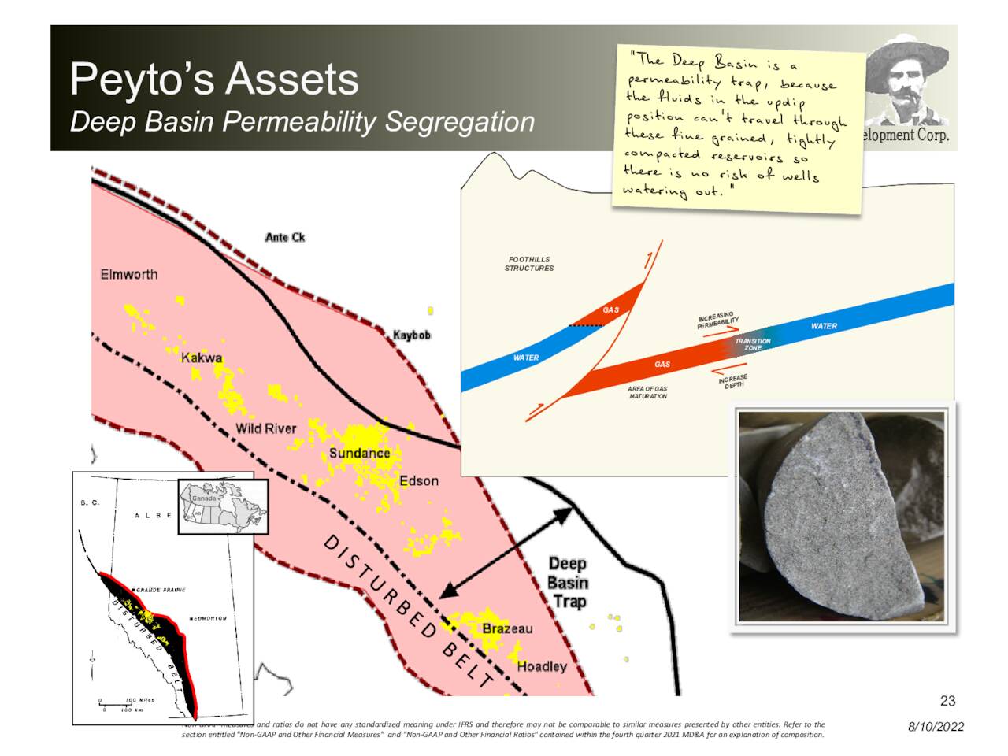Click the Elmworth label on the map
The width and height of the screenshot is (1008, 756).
pos(129,275)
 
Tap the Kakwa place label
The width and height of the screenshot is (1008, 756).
pos(202,358)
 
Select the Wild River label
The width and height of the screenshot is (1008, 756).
pos(266,428)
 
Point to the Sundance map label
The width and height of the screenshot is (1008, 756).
pos(359,454)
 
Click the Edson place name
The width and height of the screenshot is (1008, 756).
pos(419,481)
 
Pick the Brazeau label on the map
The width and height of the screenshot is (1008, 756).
pos(507,628)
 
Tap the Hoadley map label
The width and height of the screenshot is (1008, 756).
pos(542,667)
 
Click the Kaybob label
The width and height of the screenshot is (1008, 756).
pos(412,335)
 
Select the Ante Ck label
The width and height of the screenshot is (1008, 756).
pos(285,237)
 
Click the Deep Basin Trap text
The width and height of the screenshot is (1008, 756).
pos(568,583)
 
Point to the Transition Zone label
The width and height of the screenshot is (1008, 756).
pos(753,344)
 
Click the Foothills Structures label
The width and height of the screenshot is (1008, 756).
pos(529,264)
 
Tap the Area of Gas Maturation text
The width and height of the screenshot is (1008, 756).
pos(647,392)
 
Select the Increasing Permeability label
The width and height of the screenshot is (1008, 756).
pos(717,320)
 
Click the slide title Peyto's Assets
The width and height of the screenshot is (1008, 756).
pos(214,80)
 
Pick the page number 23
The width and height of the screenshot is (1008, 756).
pos(947,701)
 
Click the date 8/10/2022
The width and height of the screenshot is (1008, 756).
pos(936,727)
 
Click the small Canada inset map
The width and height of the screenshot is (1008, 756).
pos(223,506)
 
